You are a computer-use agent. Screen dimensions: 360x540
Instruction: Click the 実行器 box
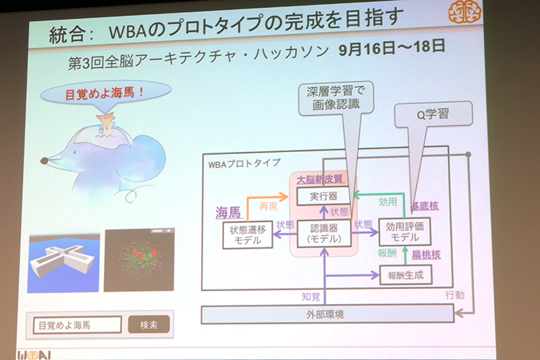click(324, 195)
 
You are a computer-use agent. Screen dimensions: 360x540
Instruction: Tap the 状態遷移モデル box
click(248, 236)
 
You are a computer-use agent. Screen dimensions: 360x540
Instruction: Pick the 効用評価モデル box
click(405, 232)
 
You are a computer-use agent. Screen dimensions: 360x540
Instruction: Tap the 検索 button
click(148, 325)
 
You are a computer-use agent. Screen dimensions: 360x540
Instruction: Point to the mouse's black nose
click(44, 161)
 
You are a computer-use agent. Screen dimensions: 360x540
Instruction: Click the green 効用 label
click(387, 201)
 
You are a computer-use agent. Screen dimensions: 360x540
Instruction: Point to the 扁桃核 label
click(426, 254)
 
